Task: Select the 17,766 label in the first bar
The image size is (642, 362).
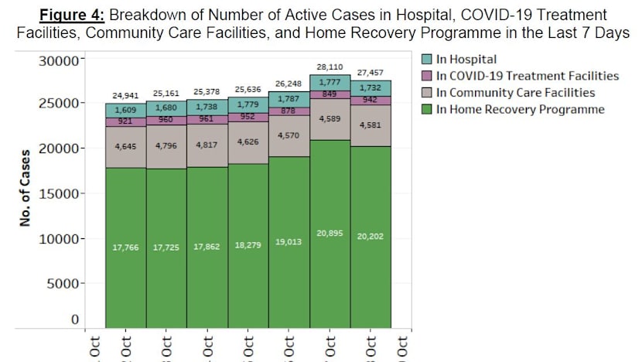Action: coord(125,247)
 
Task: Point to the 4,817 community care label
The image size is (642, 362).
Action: coord(207,145)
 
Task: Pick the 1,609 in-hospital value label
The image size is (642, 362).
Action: coord(125,110)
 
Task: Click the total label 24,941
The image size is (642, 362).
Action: coord(125,97)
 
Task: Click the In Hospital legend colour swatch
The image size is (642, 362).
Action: coord(427,59)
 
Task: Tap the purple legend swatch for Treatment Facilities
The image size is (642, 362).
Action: coord(427,76)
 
